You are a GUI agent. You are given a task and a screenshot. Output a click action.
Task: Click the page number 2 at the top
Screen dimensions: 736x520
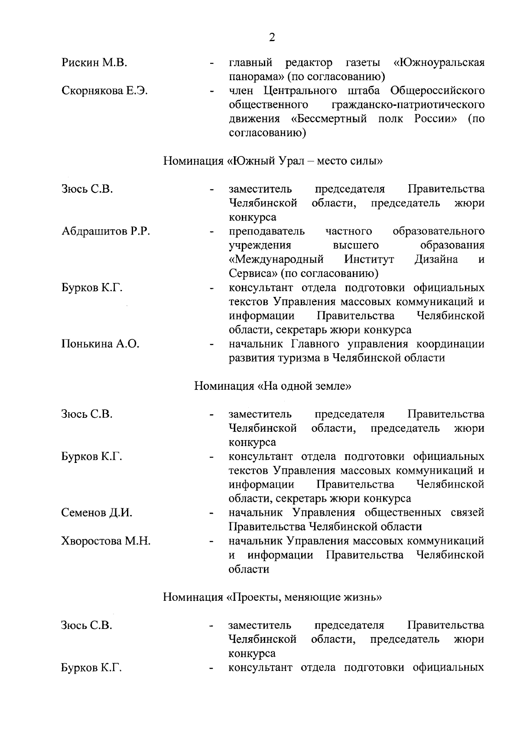point(272,38)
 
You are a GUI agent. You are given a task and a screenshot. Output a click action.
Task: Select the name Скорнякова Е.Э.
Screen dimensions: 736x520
point(104,91)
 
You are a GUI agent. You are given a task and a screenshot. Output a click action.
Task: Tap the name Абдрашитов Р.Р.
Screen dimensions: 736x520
point(106,231)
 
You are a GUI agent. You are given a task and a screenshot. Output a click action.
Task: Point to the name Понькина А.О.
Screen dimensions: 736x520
point(100,344)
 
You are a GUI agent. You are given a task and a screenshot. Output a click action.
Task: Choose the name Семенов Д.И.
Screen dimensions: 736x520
point(97,513)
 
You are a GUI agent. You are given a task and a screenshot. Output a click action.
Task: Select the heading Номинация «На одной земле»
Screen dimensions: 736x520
point(272,386)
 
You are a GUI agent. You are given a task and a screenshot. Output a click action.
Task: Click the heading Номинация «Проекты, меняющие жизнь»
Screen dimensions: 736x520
point(272,597)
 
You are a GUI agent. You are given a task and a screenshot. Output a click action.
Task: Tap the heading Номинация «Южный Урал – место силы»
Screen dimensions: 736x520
point(273,161)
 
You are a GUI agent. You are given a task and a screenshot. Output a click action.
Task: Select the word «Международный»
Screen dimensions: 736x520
point(276,260)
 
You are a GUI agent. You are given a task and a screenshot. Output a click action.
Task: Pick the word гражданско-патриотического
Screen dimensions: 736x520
point(408,105)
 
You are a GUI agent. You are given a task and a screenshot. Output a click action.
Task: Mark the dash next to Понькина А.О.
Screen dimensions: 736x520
point(211,345)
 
